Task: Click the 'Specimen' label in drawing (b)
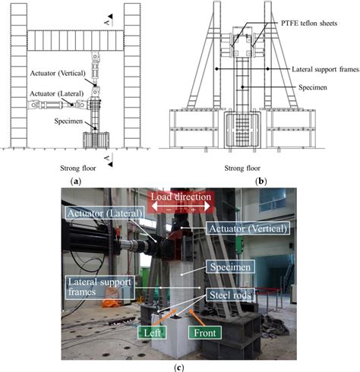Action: click(x=299, y=87)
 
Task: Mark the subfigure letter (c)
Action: click(x=180, y=365)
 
